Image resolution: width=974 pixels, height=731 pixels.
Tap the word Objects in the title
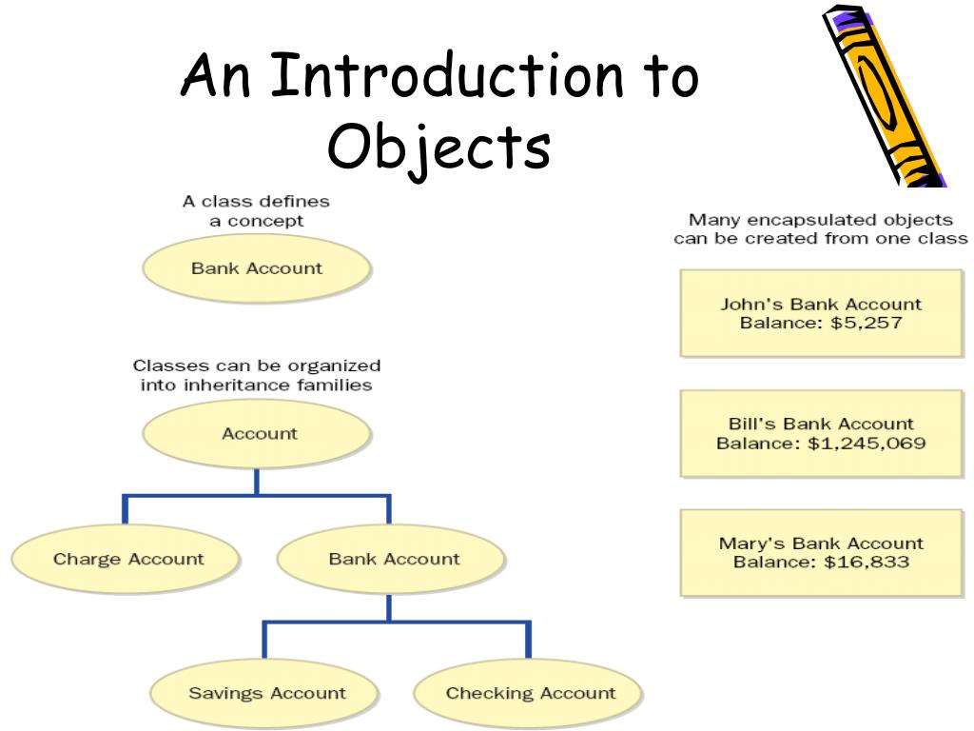point(439,147)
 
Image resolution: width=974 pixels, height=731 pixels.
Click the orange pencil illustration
point(882,95)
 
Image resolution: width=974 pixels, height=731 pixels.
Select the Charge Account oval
point(127,560)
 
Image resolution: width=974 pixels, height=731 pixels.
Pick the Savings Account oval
point(266,693)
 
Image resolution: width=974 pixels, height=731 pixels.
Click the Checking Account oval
point(530,693)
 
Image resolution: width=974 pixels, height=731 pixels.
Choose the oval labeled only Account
point(259,434)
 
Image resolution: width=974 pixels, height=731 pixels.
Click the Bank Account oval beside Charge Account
point(393,560)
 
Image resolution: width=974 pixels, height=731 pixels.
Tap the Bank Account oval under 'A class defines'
point(256,268)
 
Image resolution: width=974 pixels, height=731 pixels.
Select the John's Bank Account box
point(820,313)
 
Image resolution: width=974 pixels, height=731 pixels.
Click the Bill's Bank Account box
point(820,433)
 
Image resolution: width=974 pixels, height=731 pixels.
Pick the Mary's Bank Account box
point(820,553)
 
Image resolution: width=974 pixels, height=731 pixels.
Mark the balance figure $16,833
point(867,563)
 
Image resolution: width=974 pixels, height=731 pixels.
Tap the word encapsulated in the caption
point(799,220)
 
